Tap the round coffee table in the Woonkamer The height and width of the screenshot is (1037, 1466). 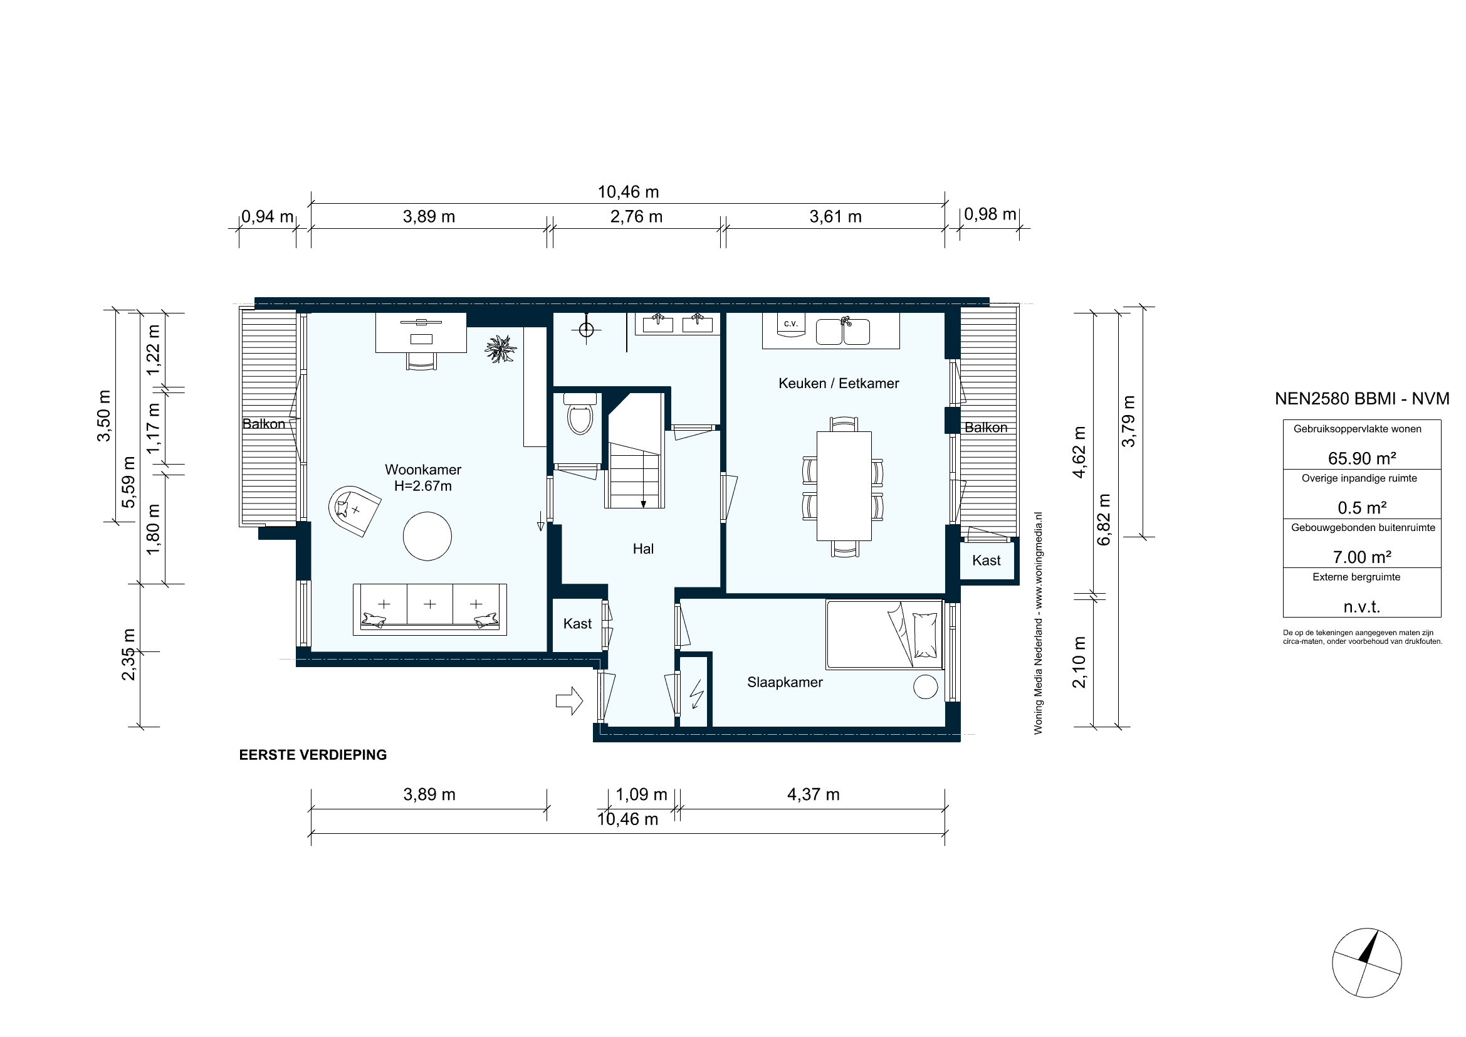[427, 537]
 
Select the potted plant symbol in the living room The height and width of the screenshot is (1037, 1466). [500, 349]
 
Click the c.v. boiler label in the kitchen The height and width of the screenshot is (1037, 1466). [790, 324]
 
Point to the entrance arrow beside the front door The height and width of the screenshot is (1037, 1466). [569, 701]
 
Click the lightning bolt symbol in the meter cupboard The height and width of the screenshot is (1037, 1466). [696, 694]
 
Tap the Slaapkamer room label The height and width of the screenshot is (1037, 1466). [785, 683]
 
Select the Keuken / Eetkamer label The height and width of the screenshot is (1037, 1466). [839, 383]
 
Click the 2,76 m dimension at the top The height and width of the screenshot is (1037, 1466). [636, 217]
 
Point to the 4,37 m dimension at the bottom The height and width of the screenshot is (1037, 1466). [813, 794]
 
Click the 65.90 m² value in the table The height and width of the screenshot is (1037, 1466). [1361, 458]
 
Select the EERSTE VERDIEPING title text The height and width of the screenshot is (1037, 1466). [313, 755]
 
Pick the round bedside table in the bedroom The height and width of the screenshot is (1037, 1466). [925, 687]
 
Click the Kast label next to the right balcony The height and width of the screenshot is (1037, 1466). [986, 561]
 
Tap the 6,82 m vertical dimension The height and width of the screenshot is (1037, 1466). [1104, 519]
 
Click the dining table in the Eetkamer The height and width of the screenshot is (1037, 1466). [844, 486]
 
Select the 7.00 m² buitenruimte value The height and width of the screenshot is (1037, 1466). [1361, 557]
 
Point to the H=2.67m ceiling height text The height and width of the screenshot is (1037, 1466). [422, 486]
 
